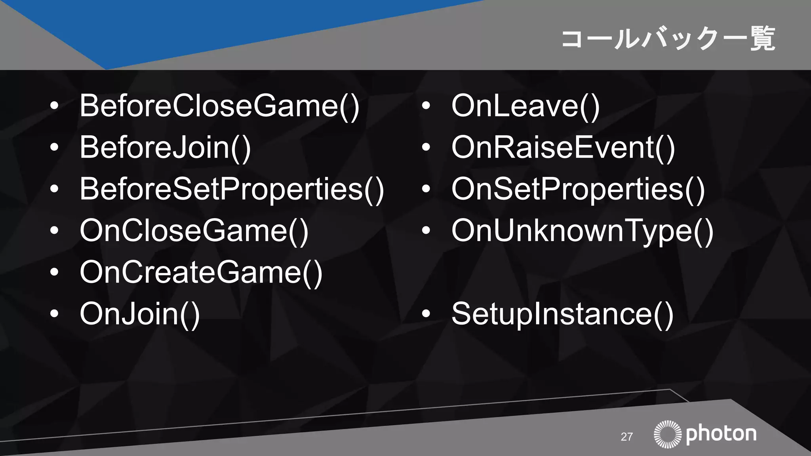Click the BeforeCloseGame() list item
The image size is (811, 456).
(x=219, y=106)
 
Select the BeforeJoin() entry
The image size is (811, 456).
(x=165, y=148)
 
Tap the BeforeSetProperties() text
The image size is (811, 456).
(x=232, y=189)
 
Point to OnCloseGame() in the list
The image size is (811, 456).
(x=194, y=231)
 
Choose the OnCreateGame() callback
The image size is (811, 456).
(x=201, y=272)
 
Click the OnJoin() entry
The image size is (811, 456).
(x=140, y=314)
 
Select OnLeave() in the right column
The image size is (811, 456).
(x=525, y=106)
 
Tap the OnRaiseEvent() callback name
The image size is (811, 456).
(x=563, y=148)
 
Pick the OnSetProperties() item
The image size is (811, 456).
(x=578, y=189)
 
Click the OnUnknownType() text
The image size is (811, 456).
(x=582, y=231)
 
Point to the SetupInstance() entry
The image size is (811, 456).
(x=562, y=314)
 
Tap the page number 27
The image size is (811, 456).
(x=626, y=437)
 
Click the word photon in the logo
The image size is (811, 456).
(x=721, y=434)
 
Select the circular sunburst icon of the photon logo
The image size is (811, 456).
(x=668, y=434)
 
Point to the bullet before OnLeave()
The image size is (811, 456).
(x=426, y=106)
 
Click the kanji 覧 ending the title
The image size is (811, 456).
(x=763, y=39)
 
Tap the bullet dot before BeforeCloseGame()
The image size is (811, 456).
(x=54, y=106)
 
